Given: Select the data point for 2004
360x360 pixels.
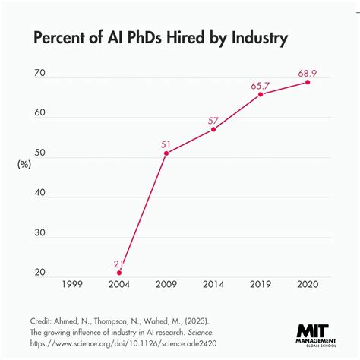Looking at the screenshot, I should (119, 272).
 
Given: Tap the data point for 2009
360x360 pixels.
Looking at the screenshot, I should (166, 153).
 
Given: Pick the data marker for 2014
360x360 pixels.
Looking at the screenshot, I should (213, 129).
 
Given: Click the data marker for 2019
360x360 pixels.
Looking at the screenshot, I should (261, 94).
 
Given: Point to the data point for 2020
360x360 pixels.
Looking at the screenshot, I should (308, 81).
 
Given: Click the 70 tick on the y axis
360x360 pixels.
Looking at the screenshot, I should (40, 74).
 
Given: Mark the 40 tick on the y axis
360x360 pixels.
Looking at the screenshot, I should (40, 192).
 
